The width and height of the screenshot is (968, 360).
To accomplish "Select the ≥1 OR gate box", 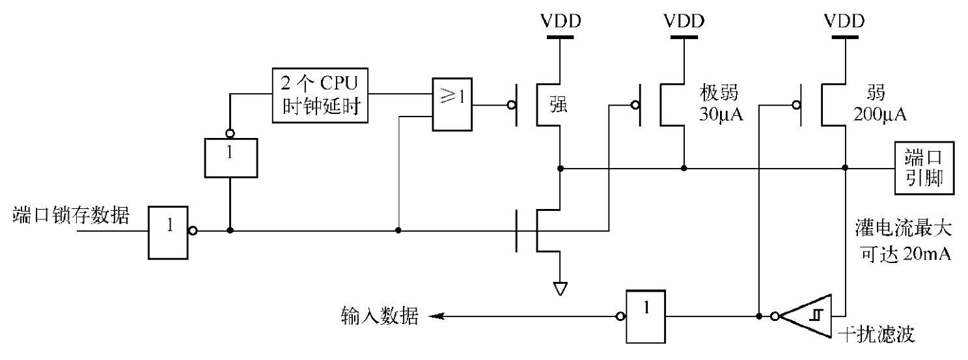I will coord(452,105).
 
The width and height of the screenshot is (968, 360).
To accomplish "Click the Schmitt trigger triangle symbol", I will coord(807,317).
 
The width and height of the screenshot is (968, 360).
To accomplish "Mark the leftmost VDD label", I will coord(560,21).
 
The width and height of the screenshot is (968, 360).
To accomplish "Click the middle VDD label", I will coord(684,21).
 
